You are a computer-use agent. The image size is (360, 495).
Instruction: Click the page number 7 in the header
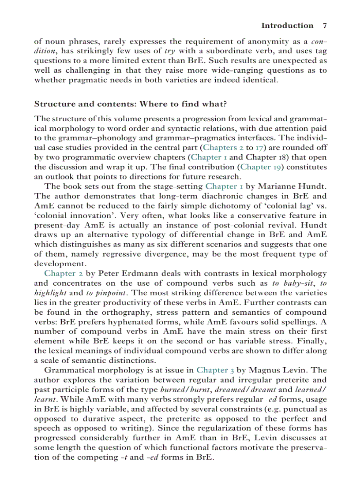[x=324, y=26]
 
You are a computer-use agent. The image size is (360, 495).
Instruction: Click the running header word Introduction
[x=287, y=26]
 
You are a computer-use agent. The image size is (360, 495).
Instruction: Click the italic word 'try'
[x=169, y=51]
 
